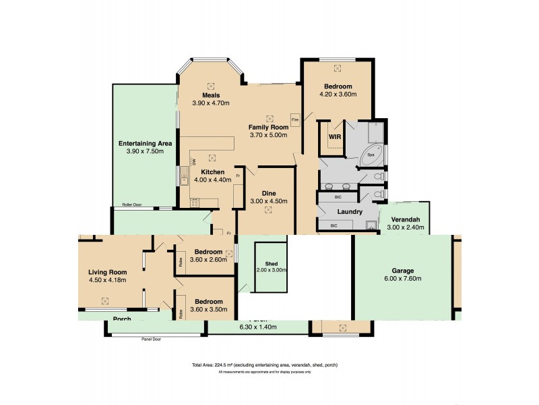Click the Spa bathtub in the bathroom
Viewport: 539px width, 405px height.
[370, 155]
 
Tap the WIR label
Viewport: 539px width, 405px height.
[335, 136]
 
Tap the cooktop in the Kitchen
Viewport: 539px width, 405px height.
[195, 200]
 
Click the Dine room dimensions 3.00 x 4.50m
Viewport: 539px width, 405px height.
[269, 201]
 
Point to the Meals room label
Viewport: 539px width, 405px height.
[211, 95]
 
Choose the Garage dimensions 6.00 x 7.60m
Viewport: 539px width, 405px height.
[404, 279]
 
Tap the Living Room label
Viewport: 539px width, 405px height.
[108, 271]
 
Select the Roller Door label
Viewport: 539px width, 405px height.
[132, 205]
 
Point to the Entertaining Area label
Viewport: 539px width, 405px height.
[145, 143]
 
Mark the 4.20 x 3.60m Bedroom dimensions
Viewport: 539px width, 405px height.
[337, 94]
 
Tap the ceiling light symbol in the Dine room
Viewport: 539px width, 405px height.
[269, 210]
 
